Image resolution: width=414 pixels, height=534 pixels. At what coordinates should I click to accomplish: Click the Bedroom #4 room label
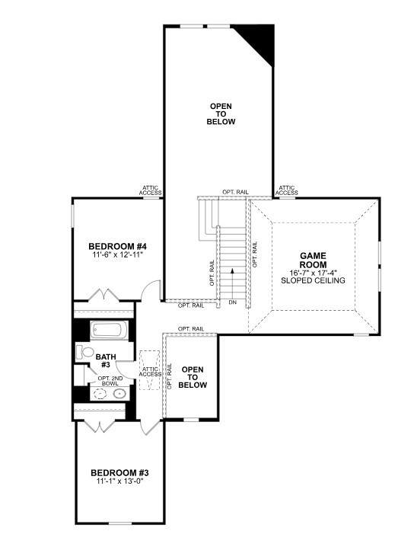pos(117,246)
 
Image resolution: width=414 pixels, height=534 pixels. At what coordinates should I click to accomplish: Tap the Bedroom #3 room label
pos(119,473)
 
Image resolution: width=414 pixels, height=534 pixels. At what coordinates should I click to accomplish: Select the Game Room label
pos(313,261)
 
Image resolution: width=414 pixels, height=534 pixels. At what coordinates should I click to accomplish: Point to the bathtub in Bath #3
pos(109,331)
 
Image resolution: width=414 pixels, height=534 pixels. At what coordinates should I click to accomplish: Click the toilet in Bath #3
pos(84,352)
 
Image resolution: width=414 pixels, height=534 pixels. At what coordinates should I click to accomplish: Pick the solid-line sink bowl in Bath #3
pos(119,394)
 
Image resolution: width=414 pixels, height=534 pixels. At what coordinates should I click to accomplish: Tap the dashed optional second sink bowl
pos(100,394)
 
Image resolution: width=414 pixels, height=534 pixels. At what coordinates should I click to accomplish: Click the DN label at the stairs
pos(233,302)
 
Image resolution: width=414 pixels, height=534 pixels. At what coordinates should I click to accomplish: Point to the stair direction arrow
pos(232,283)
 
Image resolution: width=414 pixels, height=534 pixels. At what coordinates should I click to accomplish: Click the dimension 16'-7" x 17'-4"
pos(313,273)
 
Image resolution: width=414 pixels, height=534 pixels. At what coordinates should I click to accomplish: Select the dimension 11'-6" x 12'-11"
pos(117,254)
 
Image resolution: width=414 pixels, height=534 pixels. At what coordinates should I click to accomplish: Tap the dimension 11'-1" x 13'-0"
pos(120,481)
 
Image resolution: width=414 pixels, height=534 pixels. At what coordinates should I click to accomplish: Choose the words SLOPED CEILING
pos(313,280)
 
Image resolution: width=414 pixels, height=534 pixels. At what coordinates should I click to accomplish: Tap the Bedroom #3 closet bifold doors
pos(100,427)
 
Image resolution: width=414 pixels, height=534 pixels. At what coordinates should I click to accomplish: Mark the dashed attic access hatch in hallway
pos(150,370)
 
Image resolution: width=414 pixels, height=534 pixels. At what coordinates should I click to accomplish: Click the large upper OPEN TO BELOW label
pos(221,114)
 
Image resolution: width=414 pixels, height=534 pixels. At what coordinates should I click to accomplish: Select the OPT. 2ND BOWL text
pos(110,381)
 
